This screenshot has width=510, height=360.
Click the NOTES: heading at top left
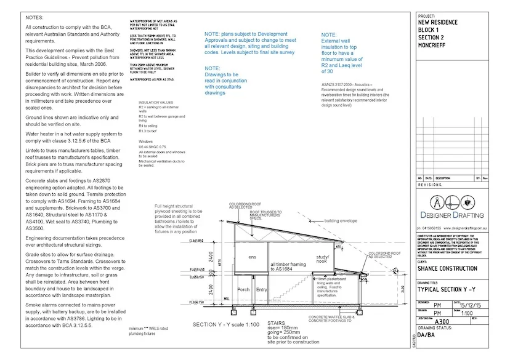click(x=34, y=18)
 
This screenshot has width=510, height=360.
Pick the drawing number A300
click(x=442, y=321)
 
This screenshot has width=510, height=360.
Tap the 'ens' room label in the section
click(x=252, y=257)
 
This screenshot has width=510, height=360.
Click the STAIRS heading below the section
click(x=277, y=322)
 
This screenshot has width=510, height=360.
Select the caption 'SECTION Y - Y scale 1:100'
click(x=225, y=324)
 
